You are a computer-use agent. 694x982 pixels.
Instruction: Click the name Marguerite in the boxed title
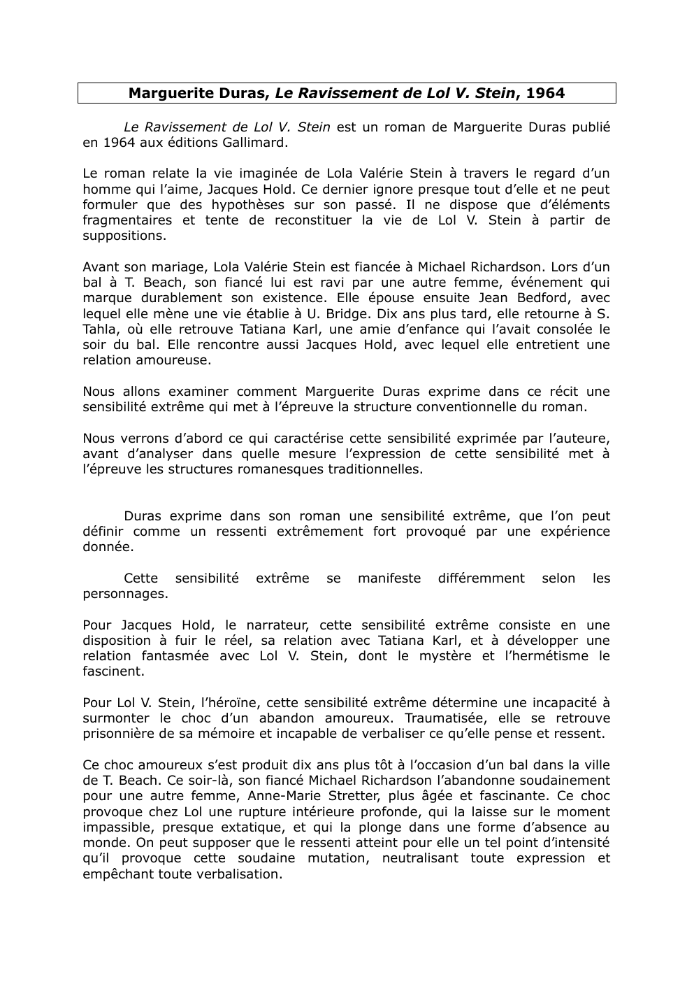coord(163,93)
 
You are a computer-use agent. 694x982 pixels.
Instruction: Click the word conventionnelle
coord(468,407)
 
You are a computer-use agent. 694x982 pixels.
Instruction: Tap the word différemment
coord(481,578)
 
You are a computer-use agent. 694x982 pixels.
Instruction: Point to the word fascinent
coord(113,671)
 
